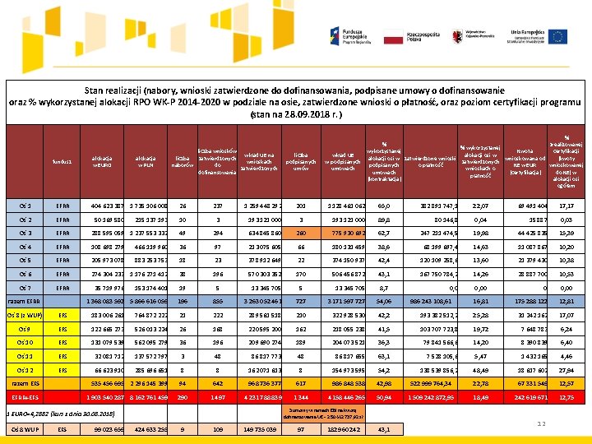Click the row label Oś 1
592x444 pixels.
coord(25,206)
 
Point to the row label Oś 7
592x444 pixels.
coord(25,289)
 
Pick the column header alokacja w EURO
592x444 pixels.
coord(103,160)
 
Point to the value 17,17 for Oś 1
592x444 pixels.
coord(565,206)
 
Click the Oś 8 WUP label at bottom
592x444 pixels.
coord(25,429)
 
